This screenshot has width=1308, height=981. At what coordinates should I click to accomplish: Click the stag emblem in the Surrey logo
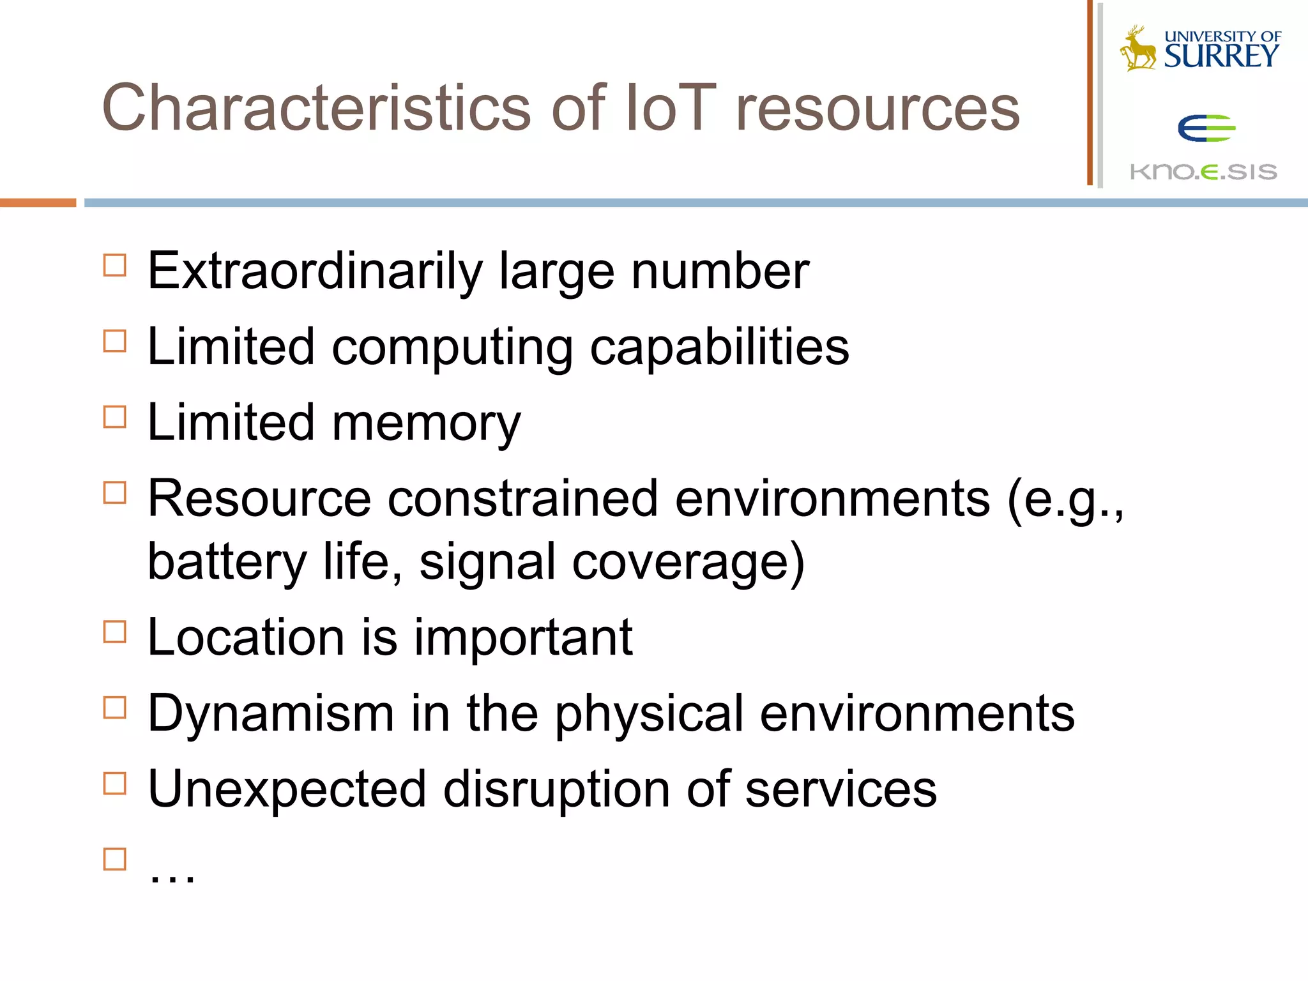pyautogui.click(x=1138, y=49)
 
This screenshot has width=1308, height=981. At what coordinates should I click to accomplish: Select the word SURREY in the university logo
pyautogui.click(x=1221, y=56)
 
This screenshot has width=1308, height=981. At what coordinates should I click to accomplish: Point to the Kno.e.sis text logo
pyautogui.click(x=1203, y=171)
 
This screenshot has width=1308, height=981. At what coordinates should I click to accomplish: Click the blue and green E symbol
pyautogui.click(x=1206, y=128)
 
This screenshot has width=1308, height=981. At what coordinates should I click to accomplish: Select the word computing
pyautogui.click(x=452, y=347)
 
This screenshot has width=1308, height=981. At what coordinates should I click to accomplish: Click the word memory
pyautogui.click(x=427, y=423)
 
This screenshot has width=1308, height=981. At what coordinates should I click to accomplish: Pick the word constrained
pyautogui.click(x=522, y=499)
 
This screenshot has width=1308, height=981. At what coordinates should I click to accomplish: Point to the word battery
pyautogui.click(x=227, y=562)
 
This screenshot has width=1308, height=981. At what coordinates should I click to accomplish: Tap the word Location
pyautogui.click(x=247, y=637)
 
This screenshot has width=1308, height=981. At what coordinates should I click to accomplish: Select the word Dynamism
pyautogui.click(x=271, y=713)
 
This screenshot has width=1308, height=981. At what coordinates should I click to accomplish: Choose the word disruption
pyautogui.click(x=556, y=789)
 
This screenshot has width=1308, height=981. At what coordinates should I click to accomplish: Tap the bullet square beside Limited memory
pyautogui.click(x=115, y=417)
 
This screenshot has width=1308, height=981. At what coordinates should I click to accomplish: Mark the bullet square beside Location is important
pyautogui.click(x=115, y=632)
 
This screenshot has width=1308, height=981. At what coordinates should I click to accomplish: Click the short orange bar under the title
pyautogui.click(x=38, y=203)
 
